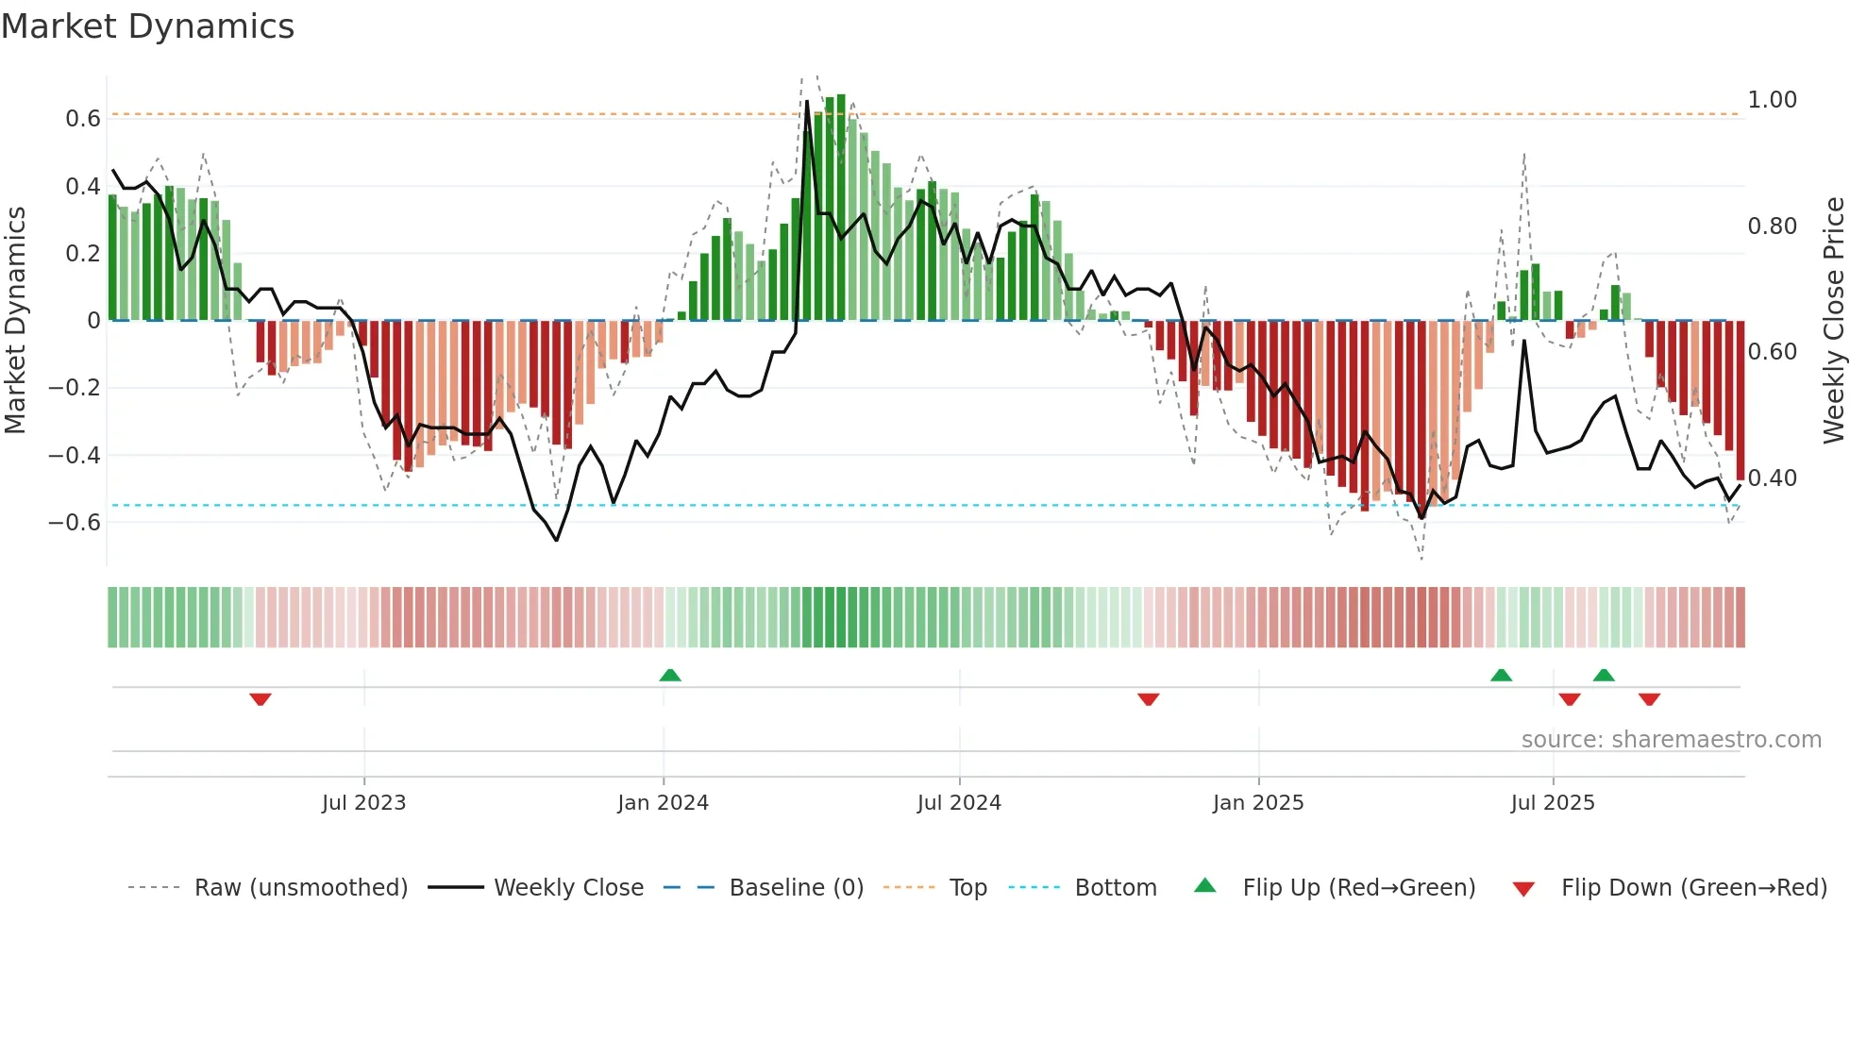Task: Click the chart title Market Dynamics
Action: click(x=147, y=26)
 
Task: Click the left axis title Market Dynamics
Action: click(x=15, y=320)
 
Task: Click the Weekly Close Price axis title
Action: click(x=1833, y=320)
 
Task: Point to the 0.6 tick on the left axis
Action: click(x=82, y=119)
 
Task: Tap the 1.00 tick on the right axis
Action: click(x=1772, y=100)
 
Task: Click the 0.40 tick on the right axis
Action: click(x=1772, y=478)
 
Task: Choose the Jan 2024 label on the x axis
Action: click(x=663, y=803)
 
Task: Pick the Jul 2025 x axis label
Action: click(x=1552, y=803)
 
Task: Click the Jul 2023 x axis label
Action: click(x=363, y=803)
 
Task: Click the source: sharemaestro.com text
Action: click(x=1671, y=740)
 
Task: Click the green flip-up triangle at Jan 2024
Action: click(x=670, y=675)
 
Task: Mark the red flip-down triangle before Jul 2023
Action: click(x=261, y=699)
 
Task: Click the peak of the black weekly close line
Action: click(x=807, y=101)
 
